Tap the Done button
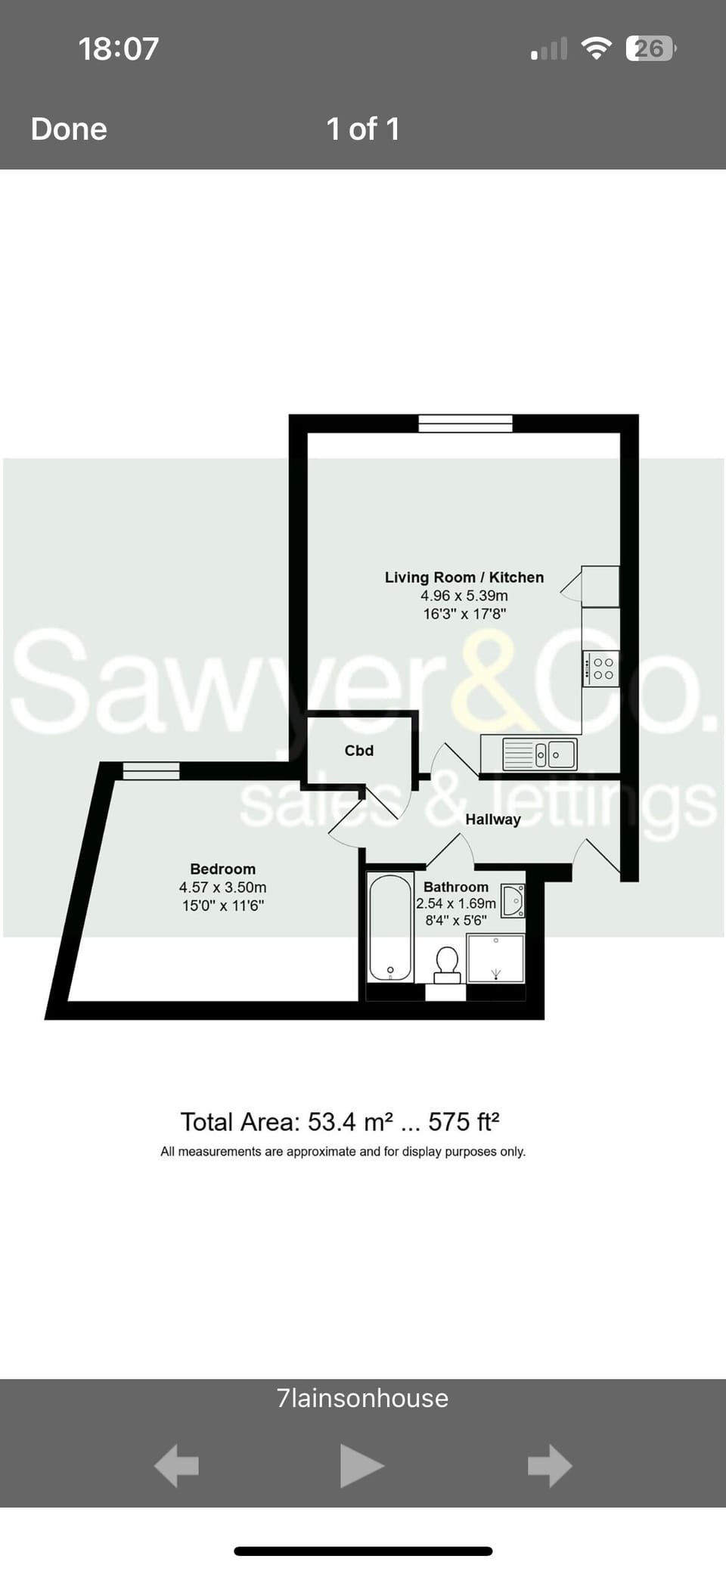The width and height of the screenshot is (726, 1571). [69, 129]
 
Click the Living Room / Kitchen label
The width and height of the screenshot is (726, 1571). [464, 578]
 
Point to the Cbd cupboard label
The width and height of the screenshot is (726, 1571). [359, 751]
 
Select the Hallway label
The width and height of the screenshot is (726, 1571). [493, 820]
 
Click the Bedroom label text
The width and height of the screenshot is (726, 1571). [222, 869]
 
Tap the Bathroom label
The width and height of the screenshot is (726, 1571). [455, 887]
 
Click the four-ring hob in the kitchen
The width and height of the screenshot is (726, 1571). [601, 668]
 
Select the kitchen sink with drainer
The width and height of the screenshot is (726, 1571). [539, 755]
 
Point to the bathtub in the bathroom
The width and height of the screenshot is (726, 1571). [390, 927]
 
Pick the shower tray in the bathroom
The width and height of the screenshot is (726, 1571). [495, 958]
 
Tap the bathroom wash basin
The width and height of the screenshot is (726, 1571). [513, 900]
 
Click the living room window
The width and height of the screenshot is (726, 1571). [465, 423]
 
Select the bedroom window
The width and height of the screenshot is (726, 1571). [151, 770]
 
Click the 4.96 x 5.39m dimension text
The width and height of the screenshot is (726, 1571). [464, 596]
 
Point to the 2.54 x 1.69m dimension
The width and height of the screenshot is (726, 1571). [456, 903]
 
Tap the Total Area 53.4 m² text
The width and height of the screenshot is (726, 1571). [340, 1122]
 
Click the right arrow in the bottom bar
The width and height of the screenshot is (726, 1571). [549, 1466]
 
